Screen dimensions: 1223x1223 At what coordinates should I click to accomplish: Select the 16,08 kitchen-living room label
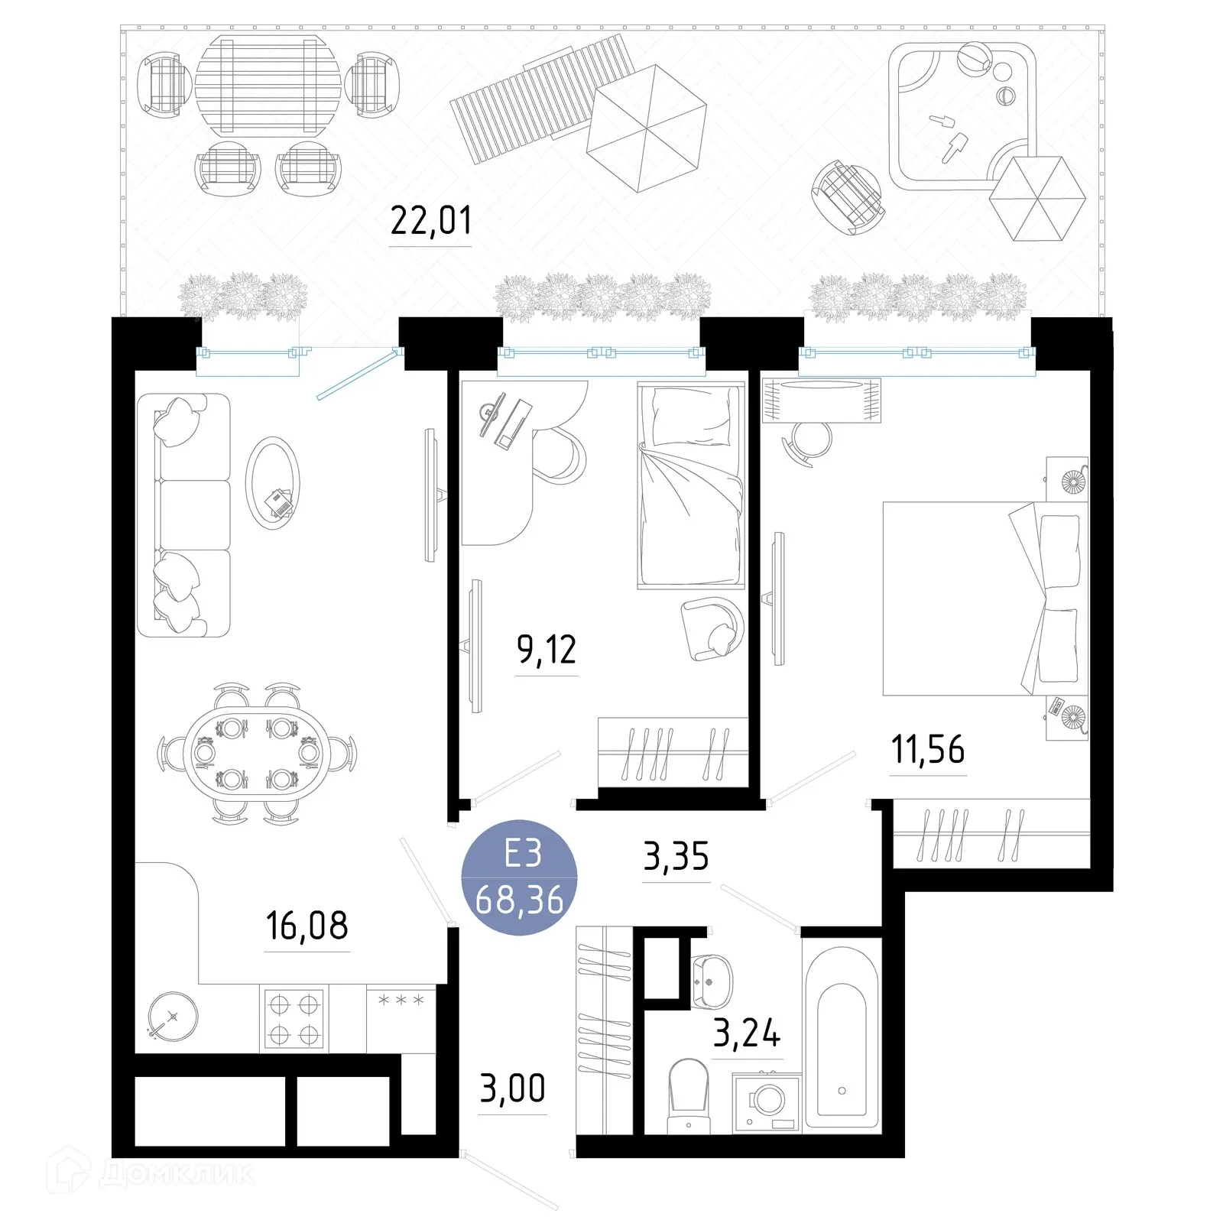[x=307, y=926]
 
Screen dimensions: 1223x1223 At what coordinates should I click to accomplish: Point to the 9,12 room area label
[x=547, y=650]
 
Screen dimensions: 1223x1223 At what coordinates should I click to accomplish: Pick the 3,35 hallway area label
[x=676, y=857]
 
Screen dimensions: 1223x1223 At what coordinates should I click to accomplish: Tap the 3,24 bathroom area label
[x=747, y=1033]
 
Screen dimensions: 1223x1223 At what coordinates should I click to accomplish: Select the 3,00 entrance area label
[x=512, y=1088]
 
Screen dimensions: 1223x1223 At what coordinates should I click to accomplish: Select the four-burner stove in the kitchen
[x=294, y=1020]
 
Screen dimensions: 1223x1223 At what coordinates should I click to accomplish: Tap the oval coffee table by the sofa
[x=273, y=483]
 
